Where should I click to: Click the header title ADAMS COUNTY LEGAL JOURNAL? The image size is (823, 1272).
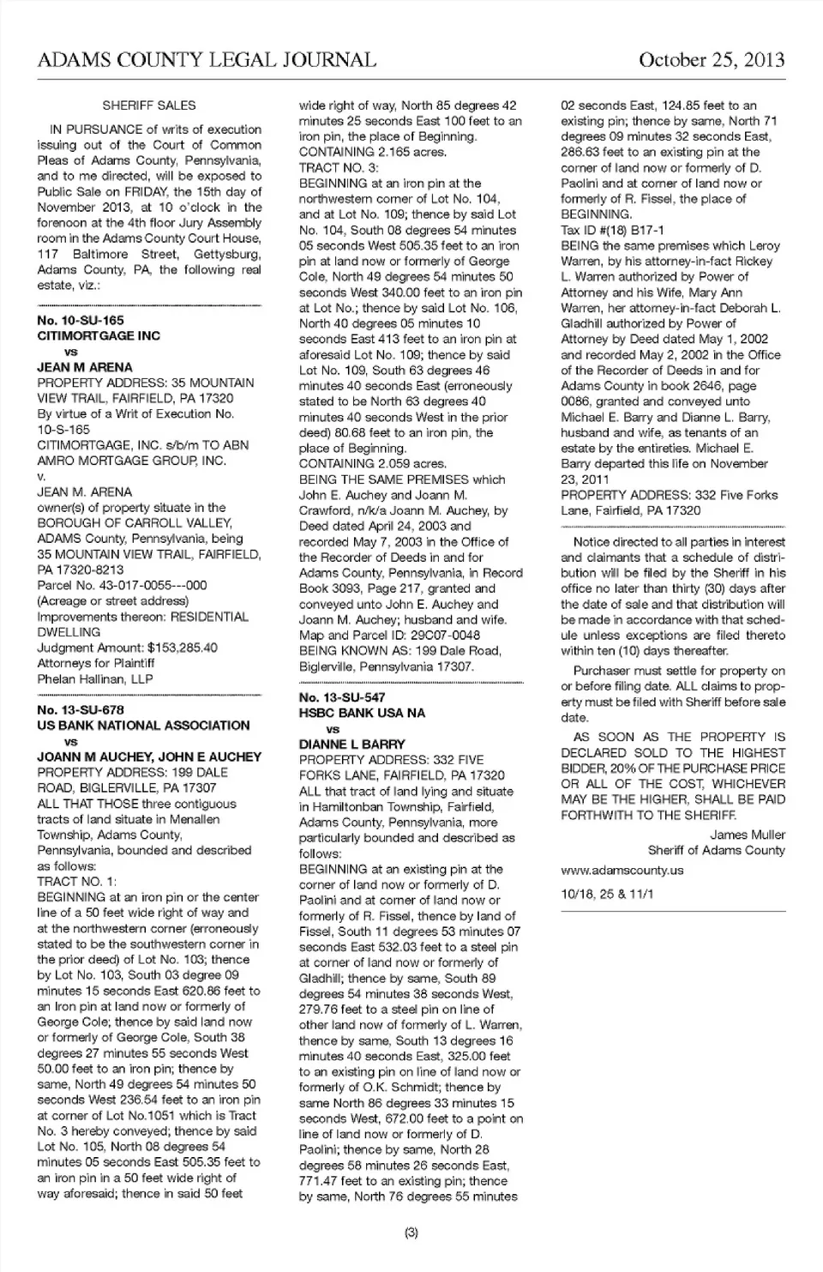207,59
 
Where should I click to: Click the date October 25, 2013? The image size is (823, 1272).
712,59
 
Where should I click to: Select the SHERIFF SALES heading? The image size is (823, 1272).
149,105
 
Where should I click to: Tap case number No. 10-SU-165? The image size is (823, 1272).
81,320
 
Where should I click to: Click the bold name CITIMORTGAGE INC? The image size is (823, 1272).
99,335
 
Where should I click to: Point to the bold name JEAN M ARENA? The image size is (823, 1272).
85,367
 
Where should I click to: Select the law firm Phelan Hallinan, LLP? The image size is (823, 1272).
95,678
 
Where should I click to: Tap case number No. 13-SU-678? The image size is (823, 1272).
81,709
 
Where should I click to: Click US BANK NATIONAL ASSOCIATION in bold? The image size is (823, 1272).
143,726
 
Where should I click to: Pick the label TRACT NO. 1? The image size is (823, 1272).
77,881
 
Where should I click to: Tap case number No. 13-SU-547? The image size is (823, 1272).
342,697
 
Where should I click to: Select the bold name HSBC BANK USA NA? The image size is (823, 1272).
362,713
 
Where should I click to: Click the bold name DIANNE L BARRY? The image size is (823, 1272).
352,745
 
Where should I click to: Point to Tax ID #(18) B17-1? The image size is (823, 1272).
612,230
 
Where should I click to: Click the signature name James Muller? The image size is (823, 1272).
748,835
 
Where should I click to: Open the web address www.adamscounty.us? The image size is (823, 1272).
622,870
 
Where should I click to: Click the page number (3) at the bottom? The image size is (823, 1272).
411,1233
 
